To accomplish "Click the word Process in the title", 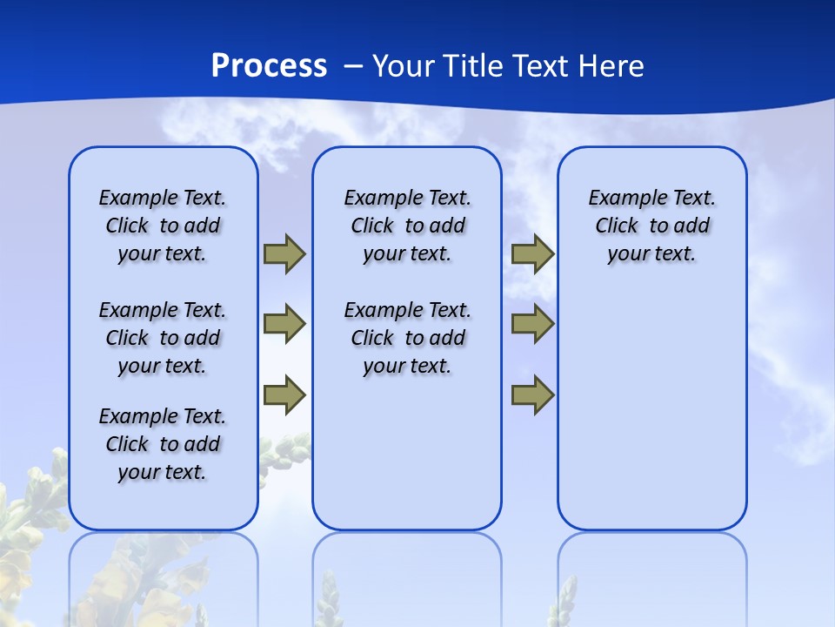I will point(269,66).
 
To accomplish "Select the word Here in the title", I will point(611,66).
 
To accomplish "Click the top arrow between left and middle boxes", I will point(284,254).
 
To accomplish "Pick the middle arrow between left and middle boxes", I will point(284,324).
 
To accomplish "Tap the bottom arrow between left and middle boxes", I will point(284,394).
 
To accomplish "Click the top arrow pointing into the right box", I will point(532,254).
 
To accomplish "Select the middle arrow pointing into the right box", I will point(532,324).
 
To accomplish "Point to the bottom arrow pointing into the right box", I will point(532,394).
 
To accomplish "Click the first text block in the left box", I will point(163,226).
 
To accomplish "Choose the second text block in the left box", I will point(163,338).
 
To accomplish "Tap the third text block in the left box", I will point(163,444).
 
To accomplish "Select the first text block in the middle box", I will point(407,226).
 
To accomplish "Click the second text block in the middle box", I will point(407,338).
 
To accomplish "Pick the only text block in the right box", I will point(651,226).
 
